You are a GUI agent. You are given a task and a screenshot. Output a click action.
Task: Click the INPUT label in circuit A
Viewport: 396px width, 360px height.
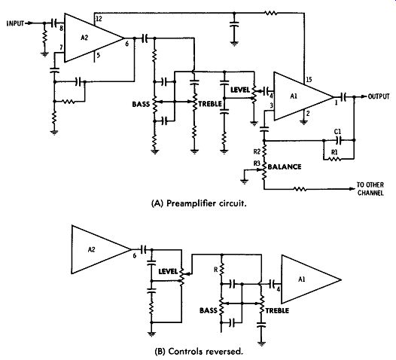click(15, 23)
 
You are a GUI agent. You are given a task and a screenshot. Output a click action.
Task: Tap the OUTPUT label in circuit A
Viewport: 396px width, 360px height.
click(379, 96)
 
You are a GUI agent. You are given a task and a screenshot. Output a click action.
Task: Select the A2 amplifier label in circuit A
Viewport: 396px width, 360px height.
click(84, 38)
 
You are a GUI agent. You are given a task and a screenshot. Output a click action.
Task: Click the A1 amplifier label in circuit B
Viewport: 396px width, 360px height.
click(302, 279)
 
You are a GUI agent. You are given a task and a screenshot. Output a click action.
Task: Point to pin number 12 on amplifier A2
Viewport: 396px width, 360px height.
click(99, 19)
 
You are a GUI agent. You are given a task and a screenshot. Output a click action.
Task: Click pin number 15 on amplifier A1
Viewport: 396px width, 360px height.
click(309, 80)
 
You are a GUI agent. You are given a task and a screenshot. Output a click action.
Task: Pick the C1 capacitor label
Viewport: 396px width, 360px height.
click(338, 132)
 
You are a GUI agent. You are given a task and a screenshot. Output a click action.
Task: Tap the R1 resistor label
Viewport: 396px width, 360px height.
click(334, 152)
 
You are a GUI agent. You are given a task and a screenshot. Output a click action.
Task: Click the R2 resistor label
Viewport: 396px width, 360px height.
click(257, 151)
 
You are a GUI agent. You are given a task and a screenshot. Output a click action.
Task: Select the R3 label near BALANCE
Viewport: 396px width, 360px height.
click(257, 163)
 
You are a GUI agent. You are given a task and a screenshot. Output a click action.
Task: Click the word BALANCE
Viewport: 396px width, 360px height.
click(285, 166)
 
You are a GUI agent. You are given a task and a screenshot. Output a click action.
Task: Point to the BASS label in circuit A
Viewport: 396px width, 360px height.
click(141, 104)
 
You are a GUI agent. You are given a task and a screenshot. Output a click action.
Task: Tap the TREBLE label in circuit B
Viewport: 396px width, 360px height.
click(277, 310)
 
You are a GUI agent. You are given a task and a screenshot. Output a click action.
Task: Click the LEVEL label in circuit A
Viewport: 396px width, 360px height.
click(240, 90)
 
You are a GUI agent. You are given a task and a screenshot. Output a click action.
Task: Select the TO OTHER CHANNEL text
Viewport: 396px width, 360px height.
click(370, 189)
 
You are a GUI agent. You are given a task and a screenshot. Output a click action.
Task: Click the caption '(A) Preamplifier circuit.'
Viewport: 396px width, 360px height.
click(199, 203)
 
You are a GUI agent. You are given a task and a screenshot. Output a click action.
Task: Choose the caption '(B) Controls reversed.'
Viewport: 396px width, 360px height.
click(199, 352)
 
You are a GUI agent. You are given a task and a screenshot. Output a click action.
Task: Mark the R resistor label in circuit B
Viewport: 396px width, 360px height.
click(215, 270)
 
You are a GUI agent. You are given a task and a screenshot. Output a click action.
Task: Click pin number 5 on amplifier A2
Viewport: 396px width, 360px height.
click(98, 55)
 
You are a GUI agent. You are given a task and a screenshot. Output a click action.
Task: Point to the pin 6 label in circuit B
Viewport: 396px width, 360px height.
click(134, 255)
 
